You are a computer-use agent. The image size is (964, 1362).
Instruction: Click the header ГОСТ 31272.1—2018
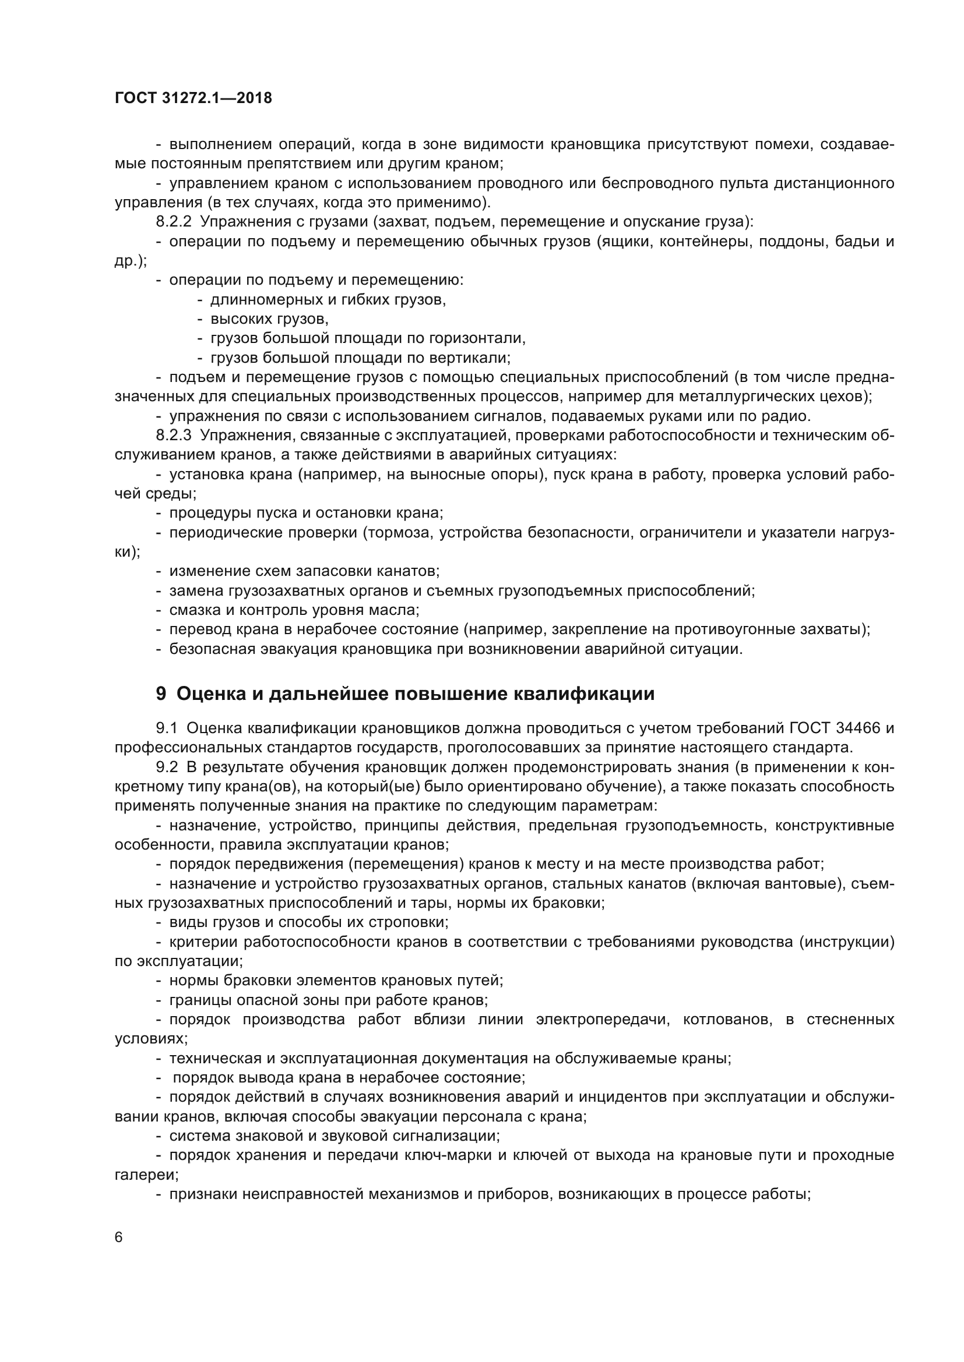tap(193, 98)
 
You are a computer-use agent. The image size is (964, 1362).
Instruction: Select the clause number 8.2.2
tap(174, 222)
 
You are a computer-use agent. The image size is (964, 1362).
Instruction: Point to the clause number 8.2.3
tap(174, 436)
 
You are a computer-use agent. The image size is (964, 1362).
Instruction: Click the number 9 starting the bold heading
tap(161, 694)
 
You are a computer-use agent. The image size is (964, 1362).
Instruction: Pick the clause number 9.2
tap(167, 767)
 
